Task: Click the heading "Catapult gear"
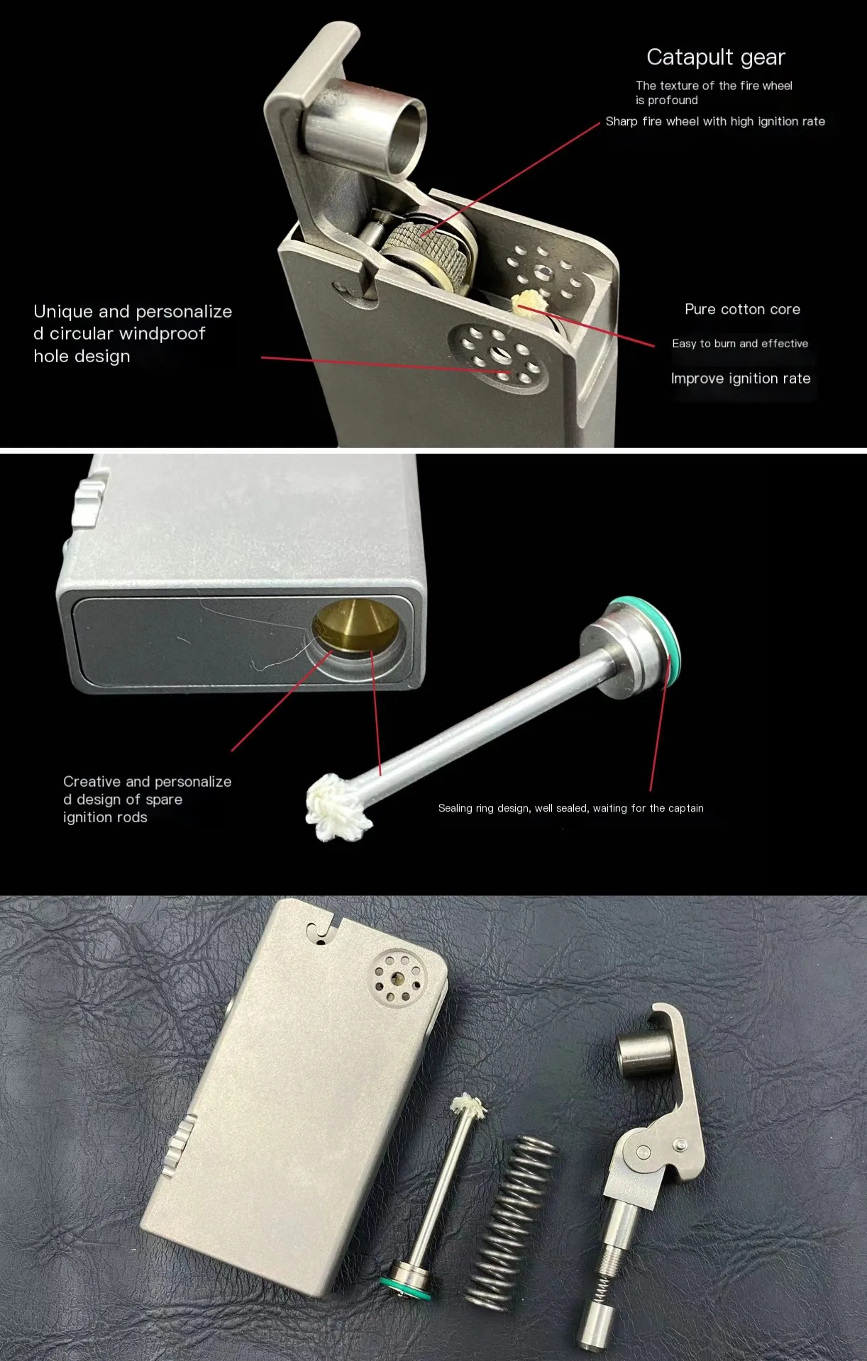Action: [x=716, y=57]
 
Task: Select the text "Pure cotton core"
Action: [x=742, y=309]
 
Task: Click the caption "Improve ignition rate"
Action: [x=741, y=379]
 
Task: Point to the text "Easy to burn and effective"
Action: [x=740, y=344]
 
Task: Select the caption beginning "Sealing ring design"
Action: [x=571, y=808]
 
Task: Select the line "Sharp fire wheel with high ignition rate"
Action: [x=715, y=121]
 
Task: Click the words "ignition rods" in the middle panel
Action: [x=105, y=817]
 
